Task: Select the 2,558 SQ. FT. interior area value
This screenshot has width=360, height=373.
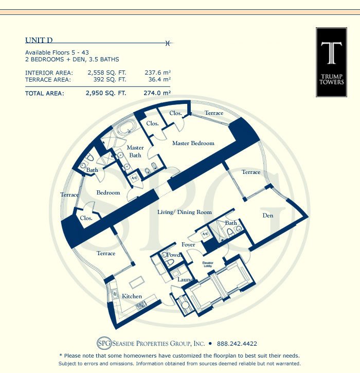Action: pyautogui.click(x=104, y=73)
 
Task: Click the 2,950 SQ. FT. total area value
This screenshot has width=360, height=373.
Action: pyautogui.click(x=104, y=94)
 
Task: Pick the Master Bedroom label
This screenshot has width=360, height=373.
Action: pyautogui.click(x=193, y=143)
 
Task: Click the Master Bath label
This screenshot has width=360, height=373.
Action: pyautogui.click(x=135, y=151)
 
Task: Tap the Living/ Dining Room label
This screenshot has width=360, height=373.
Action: pyautogui.click(x=184, y=212)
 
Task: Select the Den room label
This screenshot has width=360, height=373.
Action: pyautogui.click(x=267, y=216)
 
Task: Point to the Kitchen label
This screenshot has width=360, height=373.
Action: pyautogui.click(x=132, y=296)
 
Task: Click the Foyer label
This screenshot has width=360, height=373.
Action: pyautogui.click(x=188, y=245)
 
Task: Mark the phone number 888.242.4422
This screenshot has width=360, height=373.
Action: pyautogui.click(x=237, y=344)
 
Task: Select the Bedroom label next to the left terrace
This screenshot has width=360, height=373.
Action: pyautogui.click(x=108, y=193)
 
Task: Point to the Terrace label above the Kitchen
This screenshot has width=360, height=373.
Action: pyautogui.click(x=106, y=253)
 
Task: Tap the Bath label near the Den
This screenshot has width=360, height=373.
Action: pyautogui.click(x=231, y=223)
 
